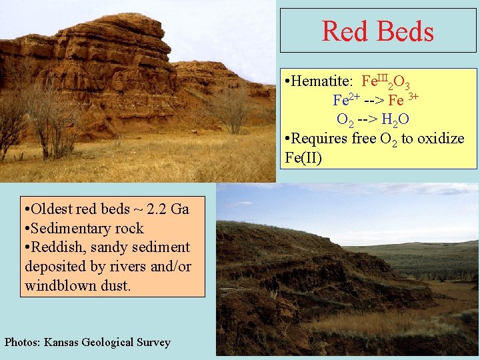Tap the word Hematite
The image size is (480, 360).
[x=322, y=82]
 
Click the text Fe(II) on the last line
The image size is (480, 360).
[x=303, y=158]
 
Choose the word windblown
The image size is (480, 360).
[x=59, y=285]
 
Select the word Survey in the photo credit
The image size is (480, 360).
[x=153, y=343]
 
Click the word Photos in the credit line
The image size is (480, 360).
[x=22, y=343]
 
